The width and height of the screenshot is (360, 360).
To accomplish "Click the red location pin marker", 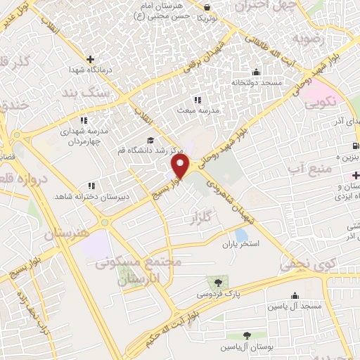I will point(181,166).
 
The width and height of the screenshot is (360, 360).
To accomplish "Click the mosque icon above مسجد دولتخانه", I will point(255,71).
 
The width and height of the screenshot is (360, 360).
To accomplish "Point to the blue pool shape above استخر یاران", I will point(241,235).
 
